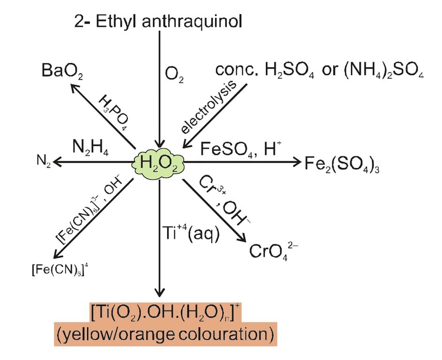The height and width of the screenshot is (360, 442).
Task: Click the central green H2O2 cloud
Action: (x=159, y=162)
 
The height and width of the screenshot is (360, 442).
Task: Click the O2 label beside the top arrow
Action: (x=175, y=75)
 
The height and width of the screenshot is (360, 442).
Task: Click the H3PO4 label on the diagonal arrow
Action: (x=114, y=112)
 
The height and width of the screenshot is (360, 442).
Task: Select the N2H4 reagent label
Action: (x=92, y=149)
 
